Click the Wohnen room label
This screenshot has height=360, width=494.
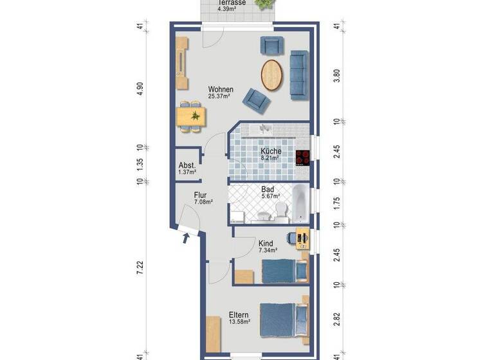point(220,89)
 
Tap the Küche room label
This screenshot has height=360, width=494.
point(270,150)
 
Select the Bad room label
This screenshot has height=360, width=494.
point(268,190)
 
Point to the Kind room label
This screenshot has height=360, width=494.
point(266,244)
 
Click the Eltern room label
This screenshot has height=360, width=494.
point(239,315)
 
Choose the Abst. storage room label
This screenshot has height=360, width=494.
point(187,165)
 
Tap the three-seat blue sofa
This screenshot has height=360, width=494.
point(299,74)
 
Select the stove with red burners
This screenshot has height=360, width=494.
point(303,157)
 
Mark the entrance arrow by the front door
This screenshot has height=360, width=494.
point(187,239)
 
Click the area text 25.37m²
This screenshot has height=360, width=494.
point(220,96)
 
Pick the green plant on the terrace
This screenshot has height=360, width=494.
point(262,3)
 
